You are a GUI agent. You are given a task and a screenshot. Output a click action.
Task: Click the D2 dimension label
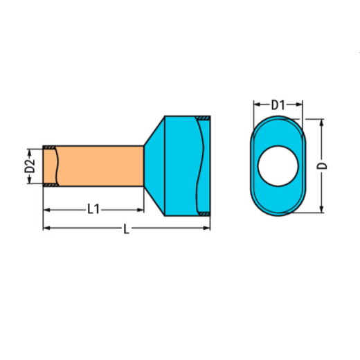29,167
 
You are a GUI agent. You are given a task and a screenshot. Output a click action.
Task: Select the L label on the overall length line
125,229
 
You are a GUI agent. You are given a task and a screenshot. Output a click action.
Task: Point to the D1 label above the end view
278,105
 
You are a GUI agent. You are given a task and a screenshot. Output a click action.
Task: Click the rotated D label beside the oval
323,166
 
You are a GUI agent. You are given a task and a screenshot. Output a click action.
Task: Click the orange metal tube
97,167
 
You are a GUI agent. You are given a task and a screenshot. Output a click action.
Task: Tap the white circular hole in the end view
278,167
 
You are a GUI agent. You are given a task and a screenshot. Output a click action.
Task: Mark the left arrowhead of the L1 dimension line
46,208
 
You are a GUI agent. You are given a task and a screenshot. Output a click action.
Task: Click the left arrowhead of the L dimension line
46,227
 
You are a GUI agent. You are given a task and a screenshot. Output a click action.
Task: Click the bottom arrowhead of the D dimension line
321,211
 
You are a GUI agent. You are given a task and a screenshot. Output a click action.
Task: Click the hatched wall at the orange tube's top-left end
50,147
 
